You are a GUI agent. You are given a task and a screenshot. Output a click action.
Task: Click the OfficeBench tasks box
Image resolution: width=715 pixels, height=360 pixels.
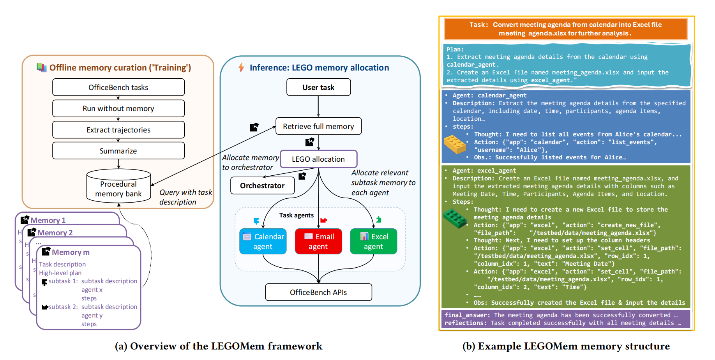click(x=118, y=87)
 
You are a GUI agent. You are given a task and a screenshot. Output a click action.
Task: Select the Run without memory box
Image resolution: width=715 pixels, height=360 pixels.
click(x=118, y=108)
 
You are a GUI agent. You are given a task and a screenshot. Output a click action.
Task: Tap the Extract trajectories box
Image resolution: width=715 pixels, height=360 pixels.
click(x=118, y=130)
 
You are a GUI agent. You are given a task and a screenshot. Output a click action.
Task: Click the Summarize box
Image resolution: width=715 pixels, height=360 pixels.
click(x=118, y=151)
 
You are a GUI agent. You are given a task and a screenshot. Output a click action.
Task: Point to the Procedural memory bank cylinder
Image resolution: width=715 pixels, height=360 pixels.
click(x=118, y=187)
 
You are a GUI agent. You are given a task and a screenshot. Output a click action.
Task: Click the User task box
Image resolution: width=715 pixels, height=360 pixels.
click(x=318, y=87)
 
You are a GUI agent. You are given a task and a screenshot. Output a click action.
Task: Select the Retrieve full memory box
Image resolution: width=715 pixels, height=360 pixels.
click(x=318, y=126)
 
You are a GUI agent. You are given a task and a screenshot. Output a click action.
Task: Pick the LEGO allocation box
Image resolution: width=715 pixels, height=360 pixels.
click(x=318, y=159)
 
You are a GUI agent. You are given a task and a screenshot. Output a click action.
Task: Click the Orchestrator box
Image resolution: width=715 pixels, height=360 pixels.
click(x=262, y=185)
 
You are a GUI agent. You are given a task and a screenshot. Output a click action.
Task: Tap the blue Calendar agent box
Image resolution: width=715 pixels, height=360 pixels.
click(x=263, y=242)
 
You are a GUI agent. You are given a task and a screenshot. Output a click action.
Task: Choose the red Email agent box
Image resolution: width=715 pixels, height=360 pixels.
click(x=318, y=242)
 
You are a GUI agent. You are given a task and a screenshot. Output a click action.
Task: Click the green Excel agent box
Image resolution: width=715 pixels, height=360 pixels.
click(x=373, y=242)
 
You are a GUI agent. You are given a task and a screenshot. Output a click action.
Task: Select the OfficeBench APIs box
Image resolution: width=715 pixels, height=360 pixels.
click(x=318, y=292)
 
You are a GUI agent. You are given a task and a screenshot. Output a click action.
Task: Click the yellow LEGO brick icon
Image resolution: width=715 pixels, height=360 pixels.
click(x=455, y=144)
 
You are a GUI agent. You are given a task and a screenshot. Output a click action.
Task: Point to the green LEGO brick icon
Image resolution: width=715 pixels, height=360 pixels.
click(x=455, y=218)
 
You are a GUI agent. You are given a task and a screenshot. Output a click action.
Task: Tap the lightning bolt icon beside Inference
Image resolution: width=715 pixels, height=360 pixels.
click(x=241, y=67)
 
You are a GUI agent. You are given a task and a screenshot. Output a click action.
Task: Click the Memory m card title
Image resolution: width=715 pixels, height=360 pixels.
click(x=71, y=252)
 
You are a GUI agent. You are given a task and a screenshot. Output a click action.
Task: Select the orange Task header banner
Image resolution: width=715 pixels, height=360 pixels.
click(x=566, y=29)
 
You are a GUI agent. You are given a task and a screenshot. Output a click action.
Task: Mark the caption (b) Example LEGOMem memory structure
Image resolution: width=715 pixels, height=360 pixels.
click(x=566, y=346)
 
